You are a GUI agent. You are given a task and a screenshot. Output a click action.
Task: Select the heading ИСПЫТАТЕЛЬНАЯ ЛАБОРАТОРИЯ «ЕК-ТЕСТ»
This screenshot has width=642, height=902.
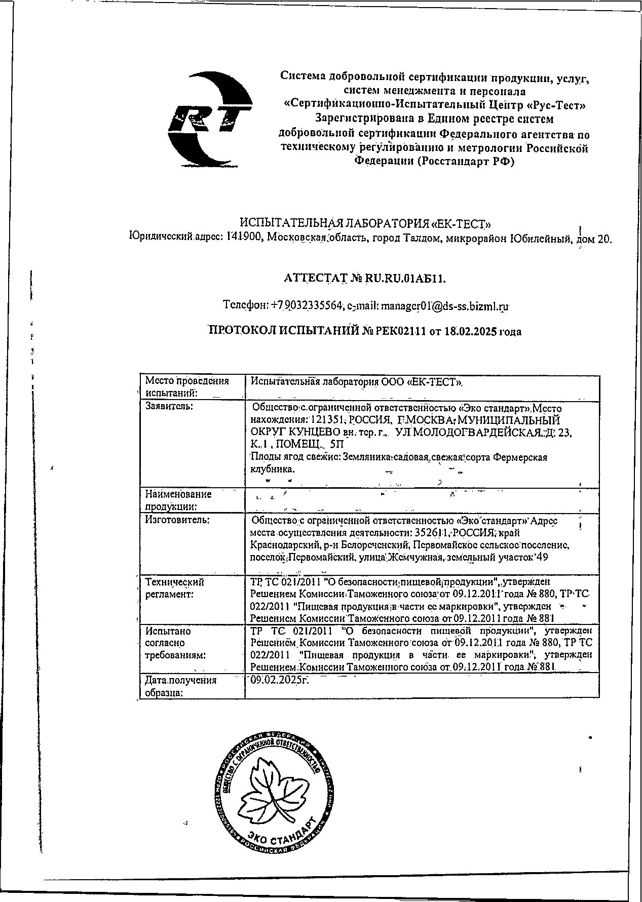point(365,223)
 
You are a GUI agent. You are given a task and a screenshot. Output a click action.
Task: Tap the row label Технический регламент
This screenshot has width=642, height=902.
point(175,588)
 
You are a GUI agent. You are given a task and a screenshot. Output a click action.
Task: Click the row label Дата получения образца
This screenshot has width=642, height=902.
point(180,686)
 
